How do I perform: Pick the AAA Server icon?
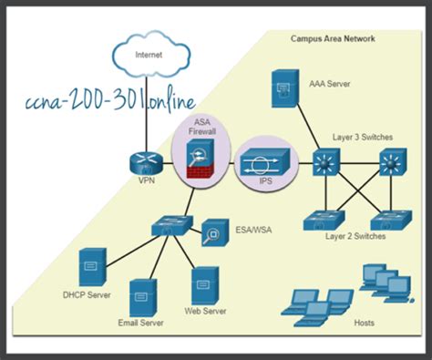tap(283, 90)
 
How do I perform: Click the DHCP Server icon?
tap(89, 268)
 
